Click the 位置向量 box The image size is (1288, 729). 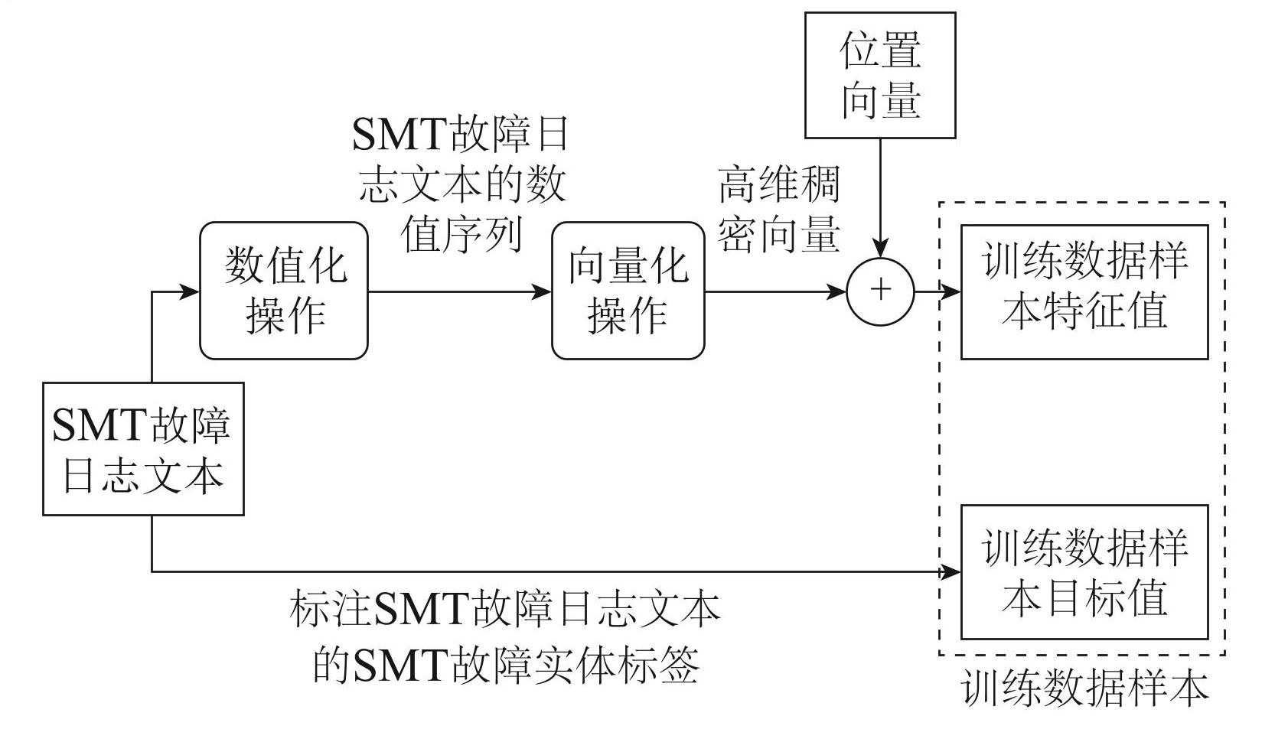(880, 75)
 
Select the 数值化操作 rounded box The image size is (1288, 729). (284, 291)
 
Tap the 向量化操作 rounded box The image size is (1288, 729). (628, 291)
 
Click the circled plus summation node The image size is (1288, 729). (881, 291)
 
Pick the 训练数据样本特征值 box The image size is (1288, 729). (1084, 291)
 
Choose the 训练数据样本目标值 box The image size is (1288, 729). (1084, 571)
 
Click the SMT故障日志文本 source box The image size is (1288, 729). (143, 448)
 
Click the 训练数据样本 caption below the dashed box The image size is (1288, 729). (1084, 689)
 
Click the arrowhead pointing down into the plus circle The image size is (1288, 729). (881, 249)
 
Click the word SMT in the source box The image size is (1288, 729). (99, 425)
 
